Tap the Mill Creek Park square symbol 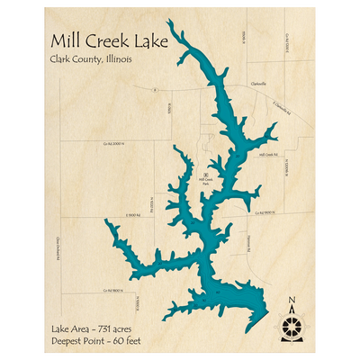coord(206,174)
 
